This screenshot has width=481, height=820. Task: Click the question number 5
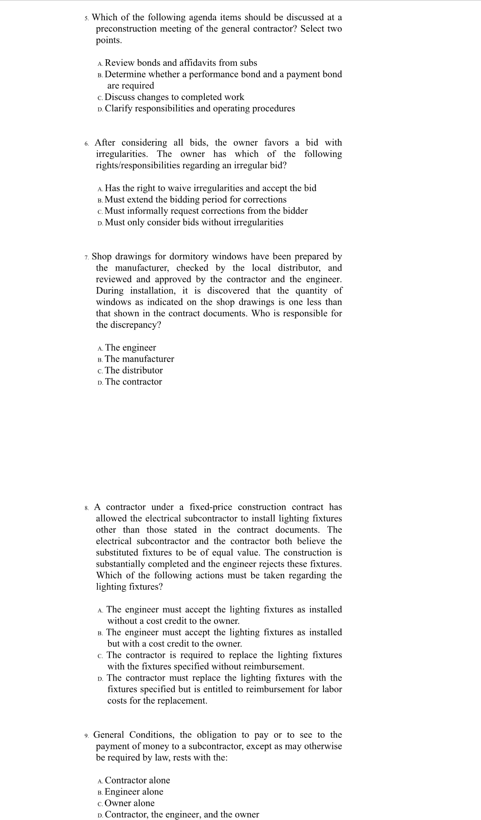click(86, 18)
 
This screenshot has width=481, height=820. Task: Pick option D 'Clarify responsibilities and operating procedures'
click(200, 109)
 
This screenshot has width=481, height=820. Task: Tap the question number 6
click(86, 144)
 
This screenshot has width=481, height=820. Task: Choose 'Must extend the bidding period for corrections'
click(196, 199)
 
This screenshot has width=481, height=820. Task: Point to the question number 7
click(86, 257)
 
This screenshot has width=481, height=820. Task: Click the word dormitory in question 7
click(187, 257)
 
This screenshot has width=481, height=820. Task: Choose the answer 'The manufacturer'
click(139, 359)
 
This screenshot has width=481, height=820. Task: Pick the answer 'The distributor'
click(134, 371)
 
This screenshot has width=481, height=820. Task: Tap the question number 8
click(86, 508)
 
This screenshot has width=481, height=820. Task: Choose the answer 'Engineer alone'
click(134, 792)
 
